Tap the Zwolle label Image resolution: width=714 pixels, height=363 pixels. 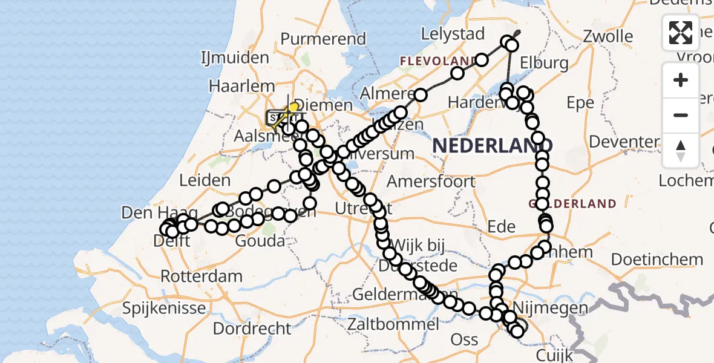[608, 36]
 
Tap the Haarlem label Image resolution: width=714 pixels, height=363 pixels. [242, 86]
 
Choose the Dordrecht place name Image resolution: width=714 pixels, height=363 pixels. [253, 329]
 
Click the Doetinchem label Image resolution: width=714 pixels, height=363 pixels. [657, 260]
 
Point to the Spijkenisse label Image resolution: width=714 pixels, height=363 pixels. [164, 309]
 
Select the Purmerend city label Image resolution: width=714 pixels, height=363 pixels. [323, 39]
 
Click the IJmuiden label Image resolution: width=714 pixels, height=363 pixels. [235, 58]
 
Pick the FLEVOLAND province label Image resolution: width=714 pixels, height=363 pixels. [437, 61]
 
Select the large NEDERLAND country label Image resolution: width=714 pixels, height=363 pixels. [493, 145]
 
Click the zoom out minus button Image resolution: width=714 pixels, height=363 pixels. [681, 115]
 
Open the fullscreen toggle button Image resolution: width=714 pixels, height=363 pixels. [681, 32]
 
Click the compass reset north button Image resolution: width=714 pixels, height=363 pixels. [681, 151]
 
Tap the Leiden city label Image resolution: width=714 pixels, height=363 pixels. [205, 180]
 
